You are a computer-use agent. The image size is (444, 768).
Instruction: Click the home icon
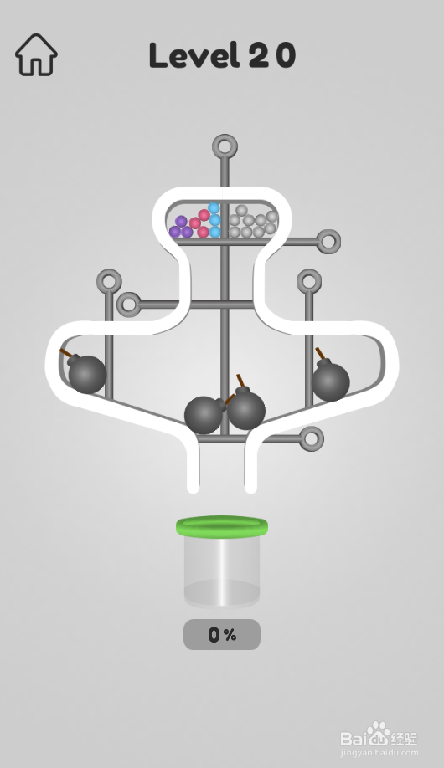click(x=36, y=55)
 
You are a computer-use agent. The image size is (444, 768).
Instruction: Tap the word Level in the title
click(x=194, y=55)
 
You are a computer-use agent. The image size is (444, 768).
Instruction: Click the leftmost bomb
click(x=86, y=373)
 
